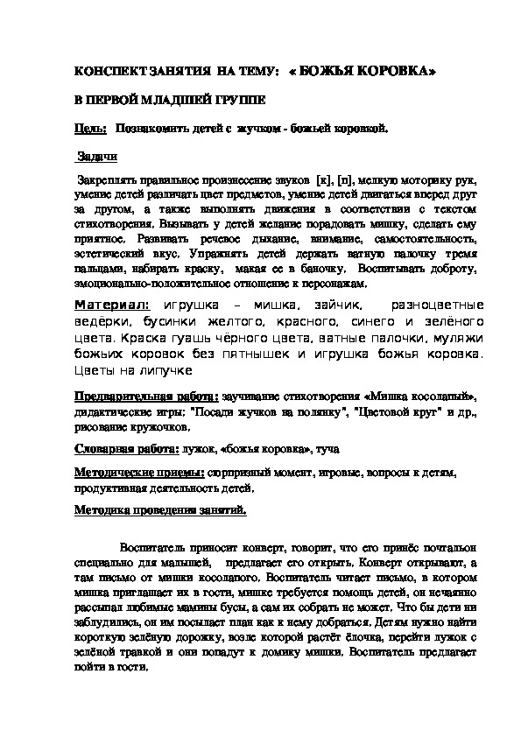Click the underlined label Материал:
pos(112,305)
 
